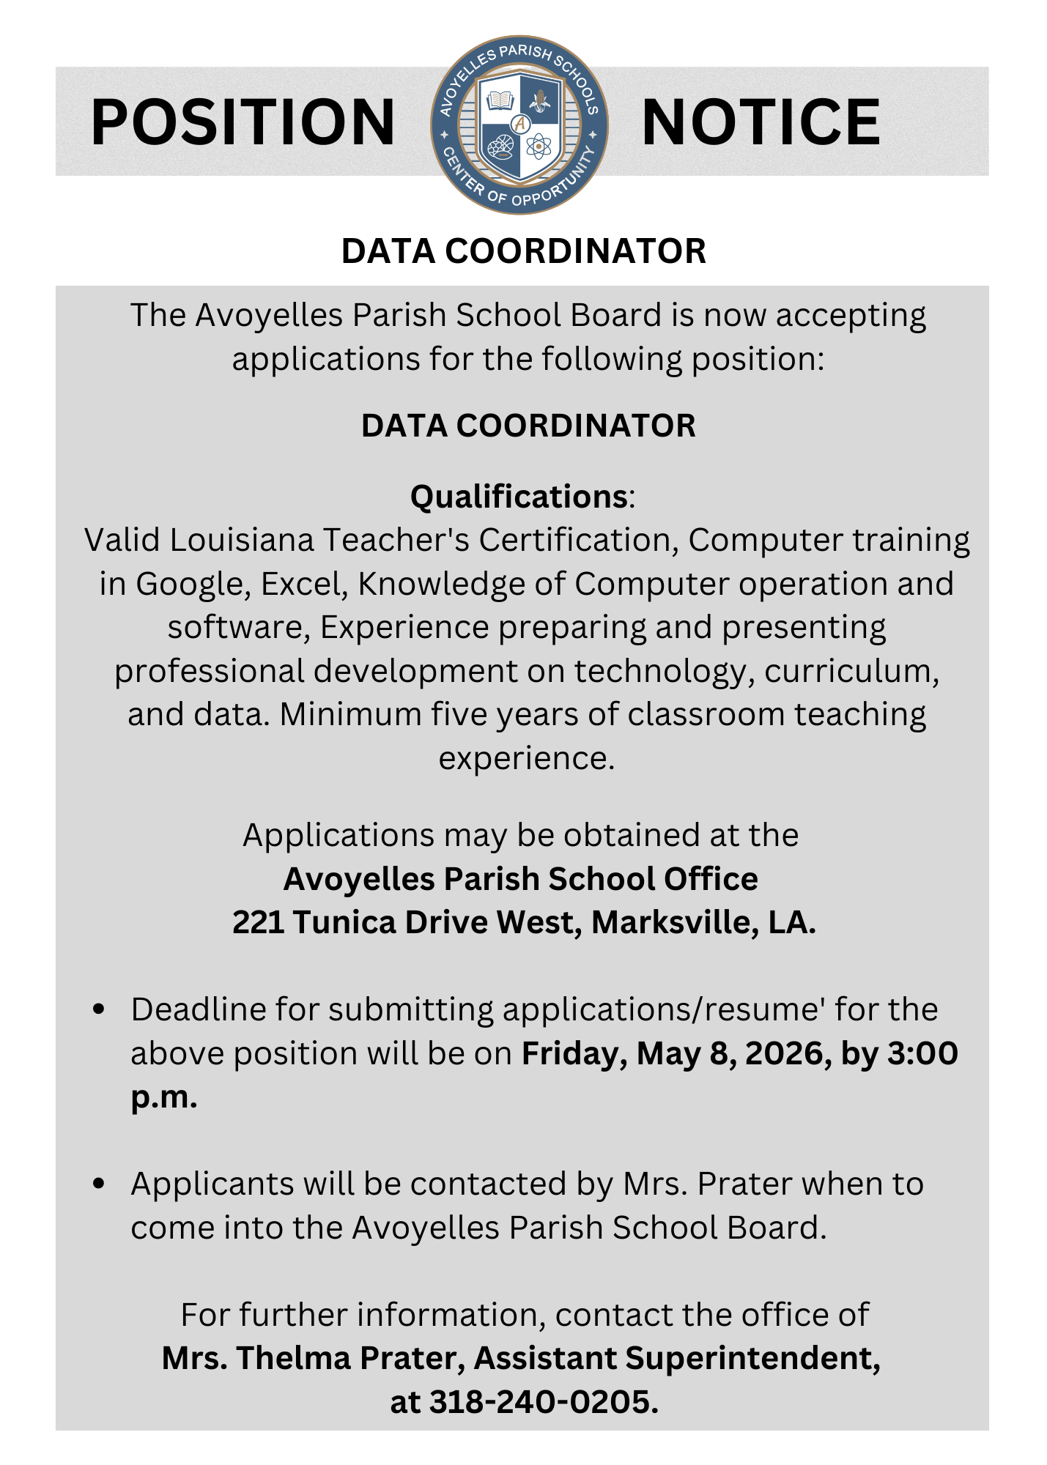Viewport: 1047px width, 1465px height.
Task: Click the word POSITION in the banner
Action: pyautogui.click(x=243, y=122)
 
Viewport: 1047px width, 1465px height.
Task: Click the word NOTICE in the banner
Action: pyautogui.click(x=760, y=122)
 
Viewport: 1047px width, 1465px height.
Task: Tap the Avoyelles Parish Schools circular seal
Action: pyautogui.click(x=519, y=125)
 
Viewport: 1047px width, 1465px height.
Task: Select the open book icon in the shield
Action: pyautogui.click(x=500, y=100)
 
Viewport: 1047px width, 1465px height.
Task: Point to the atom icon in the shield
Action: pyautogui.click(x=539, y=146)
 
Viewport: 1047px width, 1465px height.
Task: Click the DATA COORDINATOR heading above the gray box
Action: pyautogui.click(x=523, y=251)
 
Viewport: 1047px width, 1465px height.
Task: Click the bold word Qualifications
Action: pyautogui.click(x=518, y=497)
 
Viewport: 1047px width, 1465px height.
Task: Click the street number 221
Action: pyautogui.click(x=258, y=922)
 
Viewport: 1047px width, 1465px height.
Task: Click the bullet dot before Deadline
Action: pyautogui.click(x=99, y=1009)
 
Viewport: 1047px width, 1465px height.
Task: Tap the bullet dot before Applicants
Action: pyautogui.click(x=99, y=1184)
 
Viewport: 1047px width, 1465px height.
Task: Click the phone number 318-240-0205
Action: pyautogui.click(x=542, y=1402)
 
